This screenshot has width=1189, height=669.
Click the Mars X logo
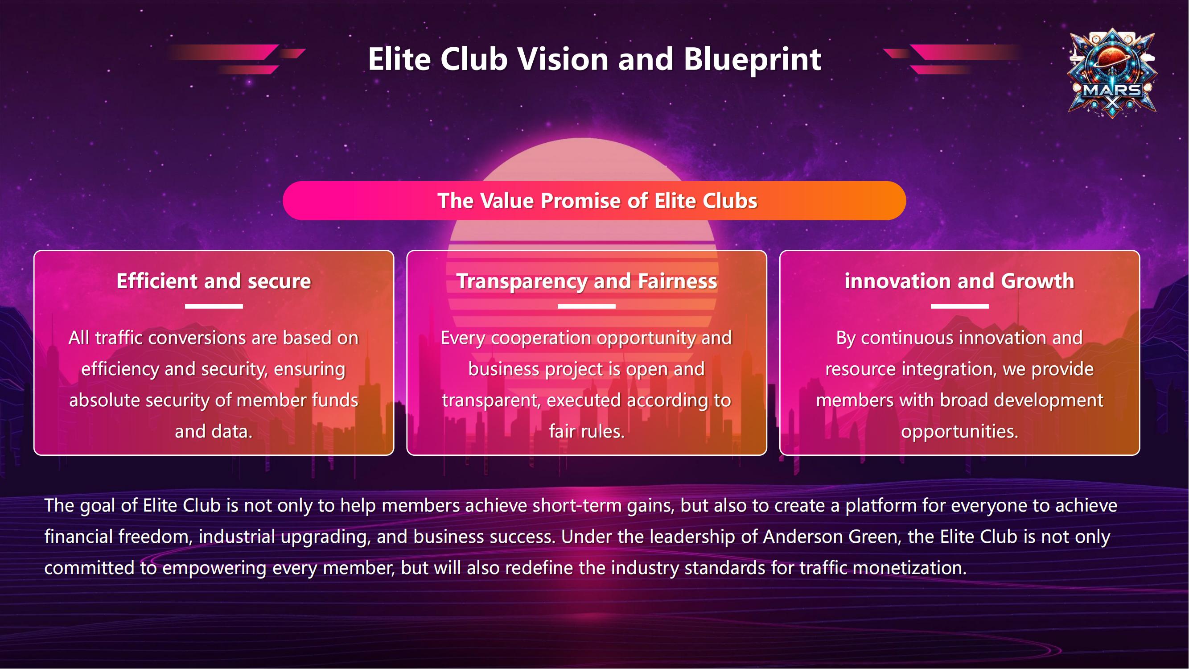pyautogui.click(x=1112, y=73)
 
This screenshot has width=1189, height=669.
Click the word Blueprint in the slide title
pyautogui.click(x=753, y=60)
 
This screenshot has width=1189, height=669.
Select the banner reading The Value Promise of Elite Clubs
pyautogui.click(x=595, y=201)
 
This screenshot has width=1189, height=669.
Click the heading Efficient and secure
pyautogui.click(x=214, y=281)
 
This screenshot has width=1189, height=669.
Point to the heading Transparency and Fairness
pyautogui.click(x=587, y=281)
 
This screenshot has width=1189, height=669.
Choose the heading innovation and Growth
pyautogui.click(x=959, y=281)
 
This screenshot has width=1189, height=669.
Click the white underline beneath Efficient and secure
pyautogui.click(x=214, y=306)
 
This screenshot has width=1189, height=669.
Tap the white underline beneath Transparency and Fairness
pyautogui.click(x=587, y=306)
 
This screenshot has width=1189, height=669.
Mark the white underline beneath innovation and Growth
pyautogui.click(x=959, y=306)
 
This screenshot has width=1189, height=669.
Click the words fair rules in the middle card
pyautogui.click(x=587, y=432)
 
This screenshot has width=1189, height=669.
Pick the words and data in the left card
pyautogui.click(x=214, y=432)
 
